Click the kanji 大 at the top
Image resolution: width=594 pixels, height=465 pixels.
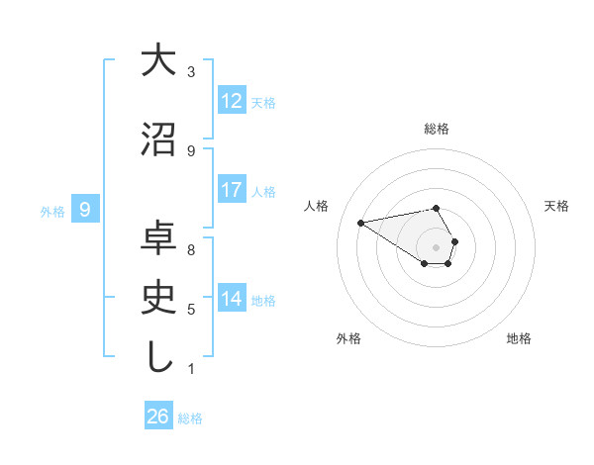point(157,60)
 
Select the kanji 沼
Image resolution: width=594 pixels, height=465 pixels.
point(157,139)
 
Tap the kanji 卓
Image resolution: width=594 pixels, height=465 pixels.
point(157,239)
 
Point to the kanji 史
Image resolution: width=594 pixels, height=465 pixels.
point(157,299)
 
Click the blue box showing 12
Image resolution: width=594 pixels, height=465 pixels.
point(232,101)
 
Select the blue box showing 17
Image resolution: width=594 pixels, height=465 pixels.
point(232,190)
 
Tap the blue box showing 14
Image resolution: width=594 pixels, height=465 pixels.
point(232,299)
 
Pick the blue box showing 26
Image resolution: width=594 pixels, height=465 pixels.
point(158,417)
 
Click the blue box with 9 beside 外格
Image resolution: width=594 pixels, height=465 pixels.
point(85,210)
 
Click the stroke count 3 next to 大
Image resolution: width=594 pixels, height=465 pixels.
point(191,72)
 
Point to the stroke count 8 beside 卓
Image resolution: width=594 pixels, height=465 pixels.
point(191,250)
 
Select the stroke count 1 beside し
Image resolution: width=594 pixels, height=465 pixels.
point(191,369)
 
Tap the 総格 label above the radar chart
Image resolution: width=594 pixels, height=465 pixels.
point(437,129)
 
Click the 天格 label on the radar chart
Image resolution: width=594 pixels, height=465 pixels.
point(556,206)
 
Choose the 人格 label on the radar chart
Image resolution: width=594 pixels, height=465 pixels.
point(317,206)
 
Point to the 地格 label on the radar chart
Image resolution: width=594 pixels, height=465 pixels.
point(519,338)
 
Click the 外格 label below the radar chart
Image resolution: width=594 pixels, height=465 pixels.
point(348,338)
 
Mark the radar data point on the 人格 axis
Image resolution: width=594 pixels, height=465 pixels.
point(361,222)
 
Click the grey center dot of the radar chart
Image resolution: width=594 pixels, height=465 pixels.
point(437,246)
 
